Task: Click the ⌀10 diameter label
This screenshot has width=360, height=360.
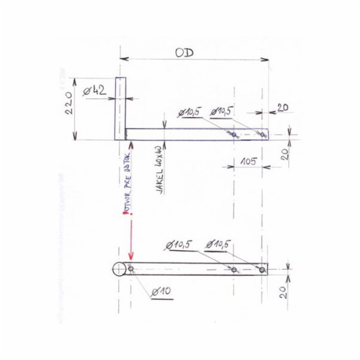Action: tap(161, 292)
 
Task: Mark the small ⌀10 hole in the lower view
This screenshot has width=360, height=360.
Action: tap(131, 269)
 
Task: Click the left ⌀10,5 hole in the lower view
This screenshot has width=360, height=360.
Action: tap(234, 269)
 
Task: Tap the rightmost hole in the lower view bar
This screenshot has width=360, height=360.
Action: tap(262, 269)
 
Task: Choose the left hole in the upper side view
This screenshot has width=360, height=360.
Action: tap(234, 134)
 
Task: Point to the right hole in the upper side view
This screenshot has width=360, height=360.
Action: tap(263, 134)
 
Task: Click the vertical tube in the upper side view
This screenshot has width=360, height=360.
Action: tap(119, 108)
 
